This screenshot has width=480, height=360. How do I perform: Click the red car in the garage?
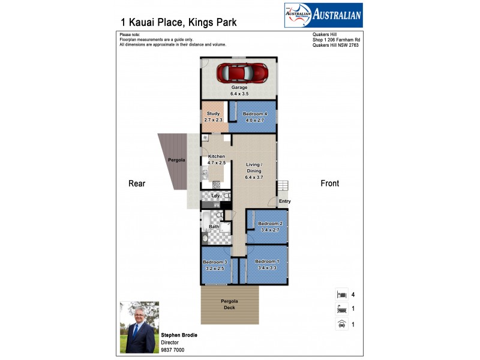click(x=239, y=73)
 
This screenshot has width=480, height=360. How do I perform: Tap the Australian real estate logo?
click(x=323, y=15)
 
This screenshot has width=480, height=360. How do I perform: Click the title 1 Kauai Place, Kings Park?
click(x=178, y=23)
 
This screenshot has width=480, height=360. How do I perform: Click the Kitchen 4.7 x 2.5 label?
click(x=216, y=160)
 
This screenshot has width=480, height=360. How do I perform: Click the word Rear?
click(x=137, y=184)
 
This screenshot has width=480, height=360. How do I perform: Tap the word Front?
click(x=329, y=184)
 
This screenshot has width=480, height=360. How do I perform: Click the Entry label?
click(x=284, y=201)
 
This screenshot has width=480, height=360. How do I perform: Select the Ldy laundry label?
click(x=215, y=196)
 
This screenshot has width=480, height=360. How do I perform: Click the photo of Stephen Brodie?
click(x=139, y=327)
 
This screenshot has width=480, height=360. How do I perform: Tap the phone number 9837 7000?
click(x=173, y=350)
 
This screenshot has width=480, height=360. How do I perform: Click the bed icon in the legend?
click(x=341, y=295)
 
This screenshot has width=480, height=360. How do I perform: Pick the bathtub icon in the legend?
click(x=341, y=310)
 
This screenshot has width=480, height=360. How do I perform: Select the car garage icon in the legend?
click(x=341, y=325)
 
